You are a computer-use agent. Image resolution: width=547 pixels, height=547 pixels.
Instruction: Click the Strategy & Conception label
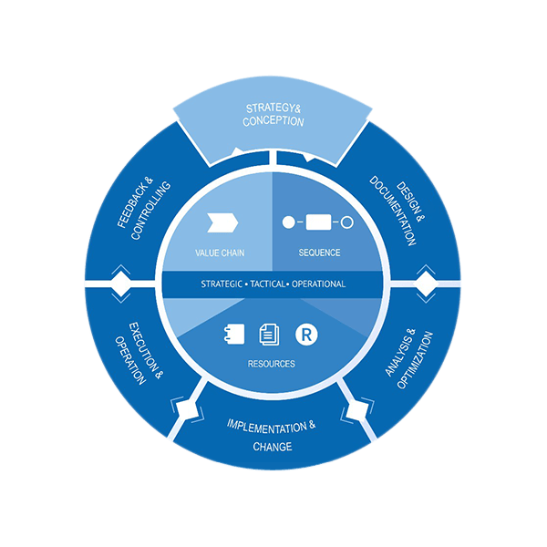(x=273, y=115)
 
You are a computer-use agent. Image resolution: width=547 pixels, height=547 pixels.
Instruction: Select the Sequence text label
(x=319, y=253)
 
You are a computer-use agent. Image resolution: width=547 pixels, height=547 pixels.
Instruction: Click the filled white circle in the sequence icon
(x=289, y=222)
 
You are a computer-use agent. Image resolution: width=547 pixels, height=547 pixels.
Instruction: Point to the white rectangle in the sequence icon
(x=319, y=222)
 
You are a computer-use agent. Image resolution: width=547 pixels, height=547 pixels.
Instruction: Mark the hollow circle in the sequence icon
(x=347, y=222)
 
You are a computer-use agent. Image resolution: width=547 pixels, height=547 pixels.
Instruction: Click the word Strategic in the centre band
(x=222, y=284)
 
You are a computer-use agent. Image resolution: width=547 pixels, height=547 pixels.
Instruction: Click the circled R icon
(x=306, y=335)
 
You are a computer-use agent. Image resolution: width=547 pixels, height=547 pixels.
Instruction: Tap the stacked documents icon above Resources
(x=269, y=335)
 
